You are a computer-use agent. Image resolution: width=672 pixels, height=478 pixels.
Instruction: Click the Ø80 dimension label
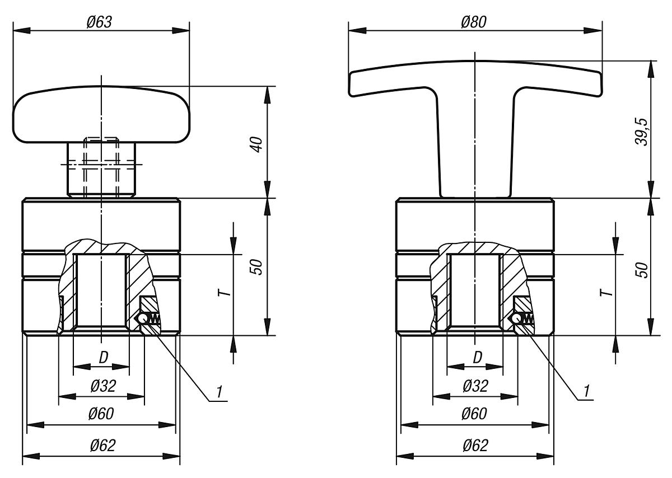474,22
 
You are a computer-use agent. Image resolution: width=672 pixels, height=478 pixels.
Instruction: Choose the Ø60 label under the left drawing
101,414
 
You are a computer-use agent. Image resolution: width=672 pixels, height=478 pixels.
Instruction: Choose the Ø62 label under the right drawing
475,446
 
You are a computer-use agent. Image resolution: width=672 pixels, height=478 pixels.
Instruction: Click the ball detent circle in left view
144,318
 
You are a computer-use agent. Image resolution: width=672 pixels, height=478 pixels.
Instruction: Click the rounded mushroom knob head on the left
101,114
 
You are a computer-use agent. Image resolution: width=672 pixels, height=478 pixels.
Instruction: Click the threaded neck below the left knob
101,168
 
